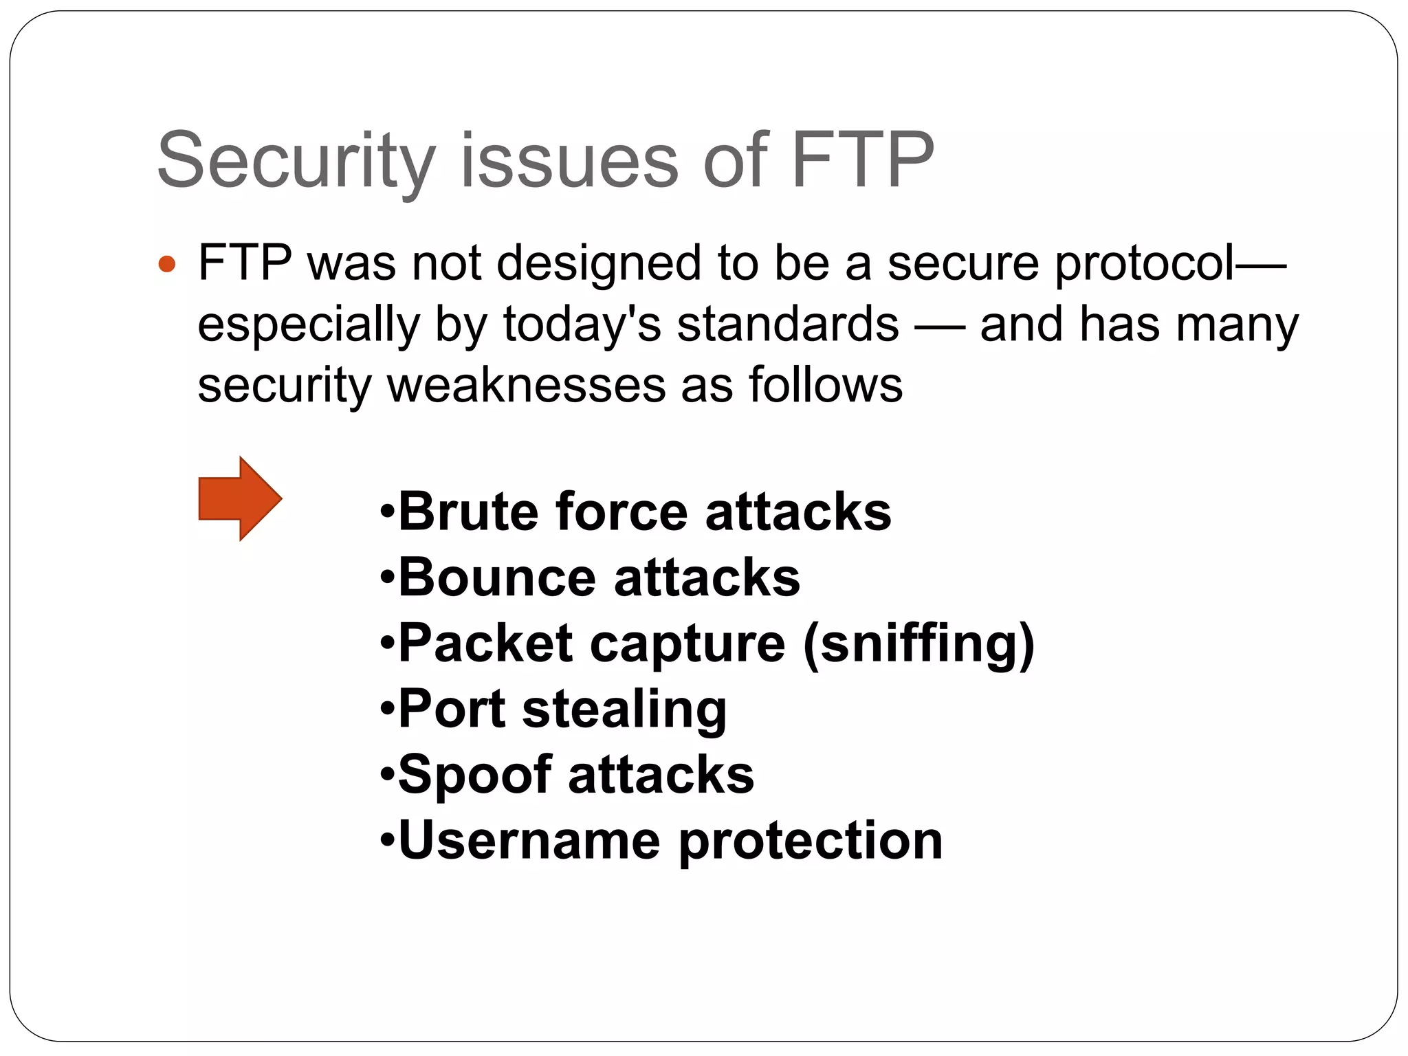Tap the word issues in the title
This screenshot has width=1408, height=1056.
[569, 161]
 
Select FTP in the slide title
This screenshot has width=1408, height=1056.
[863, 161]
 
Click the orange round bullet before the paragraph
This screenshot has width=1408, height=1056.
[166, 264]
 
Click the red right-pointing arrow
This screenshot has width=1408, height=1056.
[239, 498]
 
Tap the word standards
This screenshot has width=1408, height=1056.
[788, 324]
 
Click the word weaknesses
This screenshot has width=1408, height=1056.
[527, 385]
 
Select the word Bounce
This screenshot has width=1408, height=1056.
[496, 577]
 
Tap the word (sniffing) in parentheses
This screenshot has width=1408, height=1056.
[918, 643]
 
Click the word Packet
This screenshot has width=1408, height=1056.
[485, 643]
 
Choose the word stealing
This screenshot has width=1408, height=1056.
[624, 709]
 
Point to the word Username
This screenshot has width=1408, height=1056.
[529, 840]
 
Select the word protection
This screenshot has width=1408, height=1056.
[811, 840]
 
